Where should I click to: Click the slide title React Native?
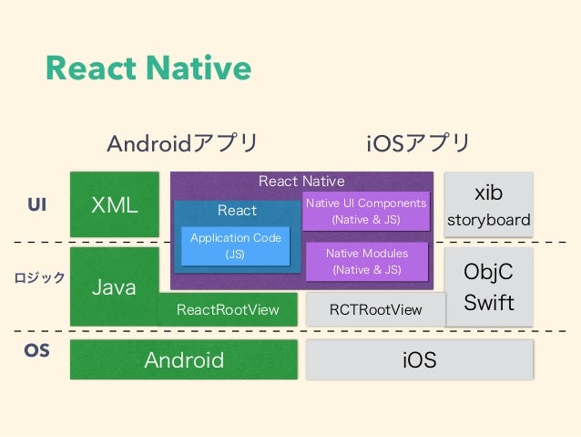coord(148,68)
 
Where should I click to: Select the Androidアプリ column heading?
coord(182,143)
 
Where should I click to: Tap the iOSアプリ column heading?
coord(418,143)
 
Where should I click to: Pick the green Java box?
coord(115,286)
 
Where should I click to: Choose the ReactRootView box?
coord(228,310)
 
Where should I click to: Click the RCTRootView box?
coord(375,310)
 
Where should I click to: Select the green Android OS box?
coord(184,359)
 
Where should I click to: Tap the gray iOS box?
coord(420,360)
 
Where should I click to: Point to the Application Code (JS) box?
coord(235,246)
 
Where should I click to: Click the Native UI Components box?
coord(365,212)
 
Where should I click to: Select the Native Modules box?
coord(366,261)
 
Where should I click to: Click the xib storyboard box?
coord(488,205)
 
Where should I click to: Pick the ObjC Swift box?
coord(488,286)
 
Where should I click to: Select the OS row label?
coord(36,351)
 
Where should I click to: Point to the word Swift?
coord(489,302)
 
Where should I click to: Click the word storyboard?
coord(488,221)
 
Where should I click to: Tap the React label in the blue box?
coord(237,211)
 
